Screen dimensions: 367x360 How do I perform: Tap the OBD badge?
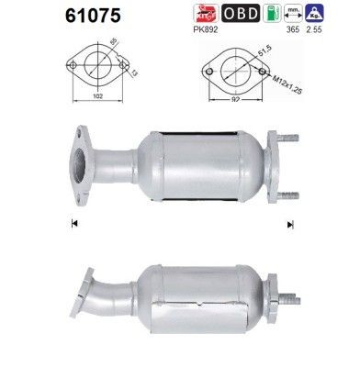242,14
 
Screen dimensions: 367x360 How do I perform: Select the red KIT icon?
204,14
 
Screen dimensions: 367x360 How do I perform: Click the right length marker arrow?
291,223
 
